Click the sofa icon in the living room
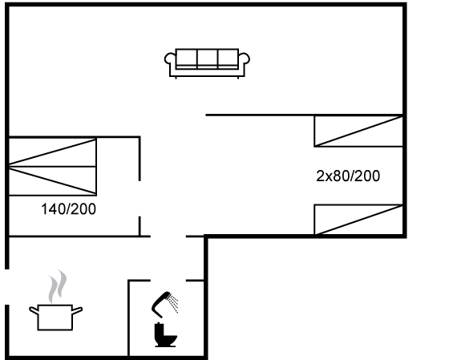coord(207,63)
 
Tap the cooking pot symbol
coord(55,318)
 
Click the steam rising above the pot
coord(57,286)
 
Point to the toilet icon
coord(165,335)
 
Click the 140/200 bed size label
coord(68,209)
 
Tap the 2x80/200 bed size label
coord(348,176)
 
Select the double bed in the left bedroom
coord(52,167)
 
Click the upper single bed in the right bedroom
coord(358,131)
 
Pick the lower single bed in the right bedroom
coord(358,220)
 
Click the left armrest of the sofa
coord(169,59)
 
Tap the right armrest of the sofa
coord(245,59)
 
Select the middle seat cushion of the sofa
coord(208,59)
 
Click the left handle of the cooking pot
coord(34,310)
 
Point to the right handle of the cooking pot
coord(77,310)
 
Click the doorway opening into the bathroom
coord(168,281)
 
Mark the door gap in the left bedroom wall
coord(140,199)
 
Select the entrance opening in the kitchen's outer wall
coord(7,287)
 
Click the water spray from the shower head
coord(173,304)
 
